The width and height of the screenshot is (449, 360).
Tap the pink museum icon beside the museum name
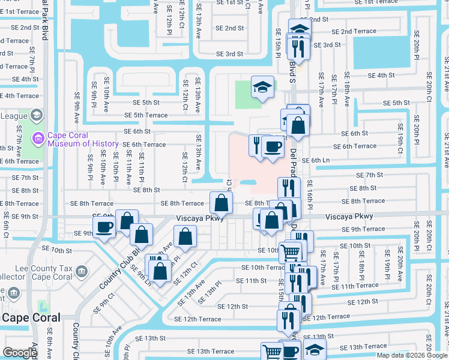(x=39, y=139)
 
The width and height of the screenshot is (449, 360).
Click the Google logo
(x=20, y=353)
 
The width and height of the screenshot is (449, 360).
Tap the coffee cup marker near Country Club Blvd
(x=105, y=228)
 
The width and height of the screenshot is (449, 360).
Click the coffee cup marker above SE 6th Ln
(x=273, y=147)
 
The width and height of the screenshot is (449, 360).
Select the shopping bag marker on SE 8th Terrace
(x=221, y=203)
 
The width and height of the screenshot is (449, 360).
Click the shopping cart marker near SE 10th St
(x=291, y=251)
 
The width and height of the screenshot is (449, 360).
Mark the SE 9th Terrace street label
(x=364, y=229)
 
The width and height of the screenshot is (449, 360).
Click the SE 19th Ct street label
(x=400, y=137)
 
